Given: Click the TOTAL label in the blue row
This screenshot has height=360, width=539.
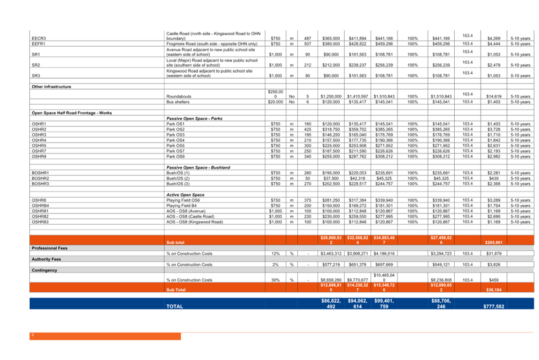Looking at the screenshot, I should tap(175, 306).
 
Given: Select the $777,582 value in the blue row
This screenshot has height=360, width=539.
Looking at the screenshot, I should tap(494, 306).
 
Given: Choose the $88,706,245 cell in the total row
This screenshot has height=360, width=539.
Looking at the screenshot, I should tap(441, 304).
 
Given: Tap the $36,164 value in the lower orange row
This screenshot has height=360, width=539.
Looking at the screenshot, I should tap(494, 289).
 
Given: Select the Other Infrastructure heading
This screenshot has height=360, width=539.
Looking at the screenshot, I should tap(51, 86).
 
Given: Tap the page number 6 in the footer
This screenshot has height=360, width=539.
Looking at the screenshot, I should tap(32, 335).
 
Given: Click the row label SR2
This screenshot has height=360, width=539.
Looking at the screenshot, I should tap(36, 65).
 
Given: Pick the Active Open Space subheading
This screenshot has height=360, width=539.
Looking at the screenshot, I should tap(185, 195).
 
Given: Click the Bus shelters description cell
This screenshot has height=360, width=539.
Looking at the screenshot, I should tap(178, 102).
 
